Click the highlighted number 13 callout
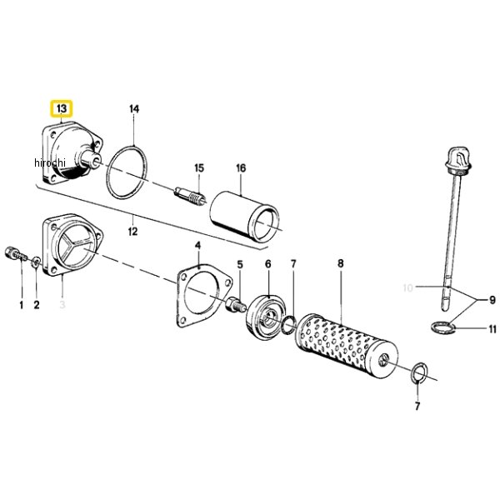click(x=62, y=108)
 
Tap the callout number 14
click(x=134, y=108)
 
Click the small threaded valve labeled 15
click(x=191, y=196)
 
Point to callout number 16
click(x=241, y=167)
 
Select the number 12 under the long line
click(x=132, y=231)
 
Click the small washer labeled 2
click(x=36, y=262)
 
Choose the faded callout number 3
click(x=62, y=304)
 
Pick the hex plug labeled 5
click(x=236, y=304)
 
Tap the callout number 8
click(x=341, y=263)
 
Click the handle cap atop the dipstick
click(x=457, y=159)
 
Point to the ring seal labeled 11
click(x=443, y=327)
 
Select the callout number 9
click(x=492, y=300)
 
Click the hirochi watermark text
click(x=50, y=162)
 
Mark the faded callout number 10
click(x=407, y=288)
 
